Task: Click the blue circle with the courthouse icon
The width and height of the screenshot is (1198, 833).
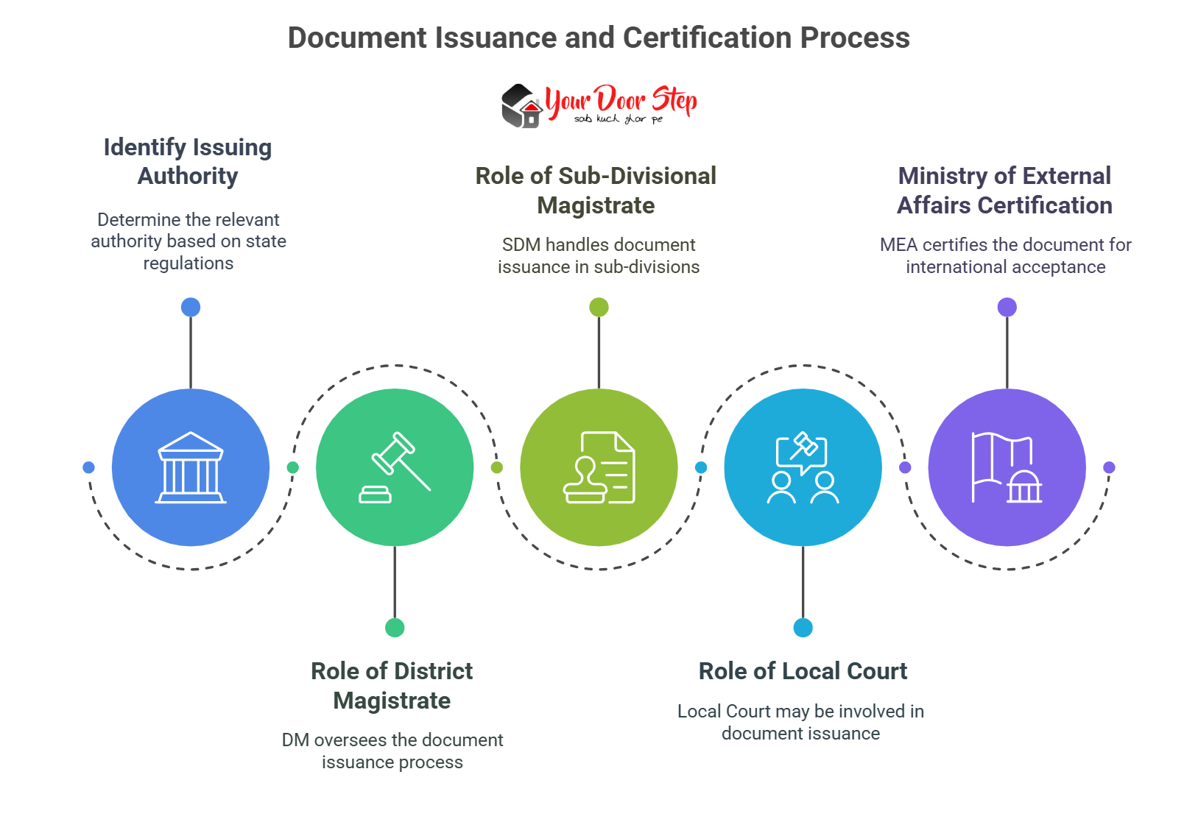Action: [191, 467]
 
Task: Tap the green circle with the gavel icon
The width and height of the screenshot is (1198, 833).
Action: [395, 467]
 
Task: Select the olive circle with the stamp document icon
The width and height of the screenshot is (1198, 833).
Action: [599, 467]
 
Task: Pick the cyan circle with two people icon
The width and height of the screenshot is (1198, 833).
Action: [803, 467]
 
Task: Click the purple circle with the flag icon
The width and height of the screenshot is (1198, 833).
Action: [1007, 467]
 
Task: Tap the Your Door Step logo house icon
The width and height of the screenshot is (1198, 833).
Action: [522, 106]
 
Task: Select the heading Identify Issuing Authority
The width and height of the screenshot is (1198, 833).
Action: [188, 161]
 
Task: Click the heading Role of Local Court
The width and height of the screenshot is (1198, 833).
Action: [803, 671]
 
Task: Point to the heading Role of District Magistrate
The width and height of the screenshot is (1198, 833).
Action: [392, 685]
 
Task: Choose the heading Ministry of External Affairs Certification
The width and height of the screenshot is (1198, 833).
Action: [1004, 191]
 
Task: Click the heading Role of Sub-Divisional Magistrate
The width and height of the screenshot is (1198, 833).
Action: [596, 191]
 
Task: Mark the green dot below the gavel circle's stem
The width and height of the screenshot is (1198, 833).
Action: [395, 628]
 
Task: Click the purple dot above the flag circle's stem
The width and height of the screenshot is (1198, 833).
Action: [1007, 307]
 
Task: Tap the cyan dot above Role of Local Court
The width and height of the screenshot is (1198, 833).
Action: [803, 628]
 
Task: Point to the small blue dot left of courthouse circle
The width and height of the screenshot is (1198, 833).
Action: [88, 467]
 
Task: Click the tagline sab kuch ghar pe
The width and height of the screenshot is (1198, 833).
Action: [619, 119]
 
